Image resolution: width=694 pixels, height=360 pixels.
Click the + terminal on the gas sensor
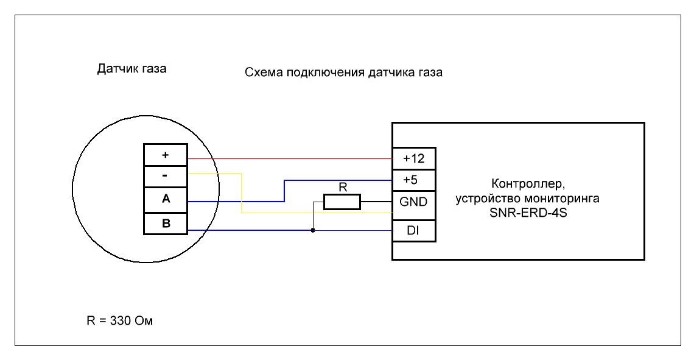166,155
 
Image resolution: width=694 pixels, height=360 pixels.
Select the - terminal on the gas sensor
166,177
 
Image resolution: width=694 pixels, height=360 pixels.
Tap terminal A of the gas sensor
166,199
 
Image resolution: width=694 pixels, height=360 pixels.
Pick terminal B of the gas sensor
166,223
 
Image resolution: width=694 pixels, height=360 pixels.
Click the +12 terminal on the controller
414,159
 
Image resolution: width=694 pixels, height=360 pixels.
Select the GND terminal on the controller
414,201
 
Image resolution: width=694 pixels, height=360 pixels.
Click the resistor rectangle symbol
342,202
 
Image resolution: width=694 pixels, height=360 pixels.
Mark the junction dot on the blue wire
313,230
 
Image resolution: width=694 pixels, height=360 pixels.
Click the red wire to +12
292,158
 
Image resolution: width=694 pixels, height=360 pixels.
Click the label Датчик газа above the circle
132,69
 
